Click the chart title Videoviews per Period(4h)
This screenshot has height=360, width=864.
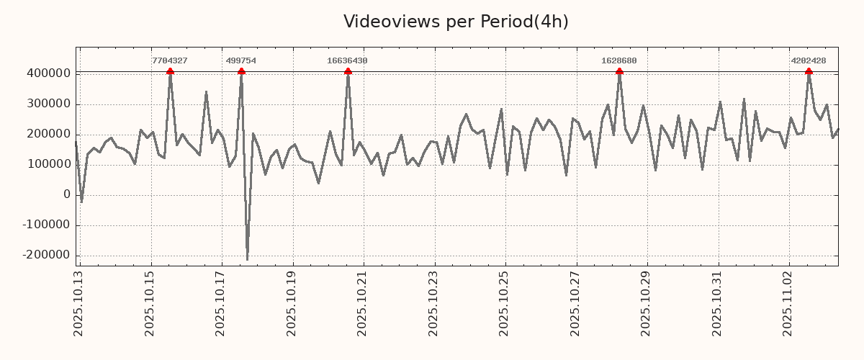(x=456, y=22)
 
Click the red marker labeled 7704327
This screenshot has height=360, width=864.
(x=170, y=71)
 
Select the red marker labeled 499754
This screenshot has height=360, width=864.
(x=241, y=71)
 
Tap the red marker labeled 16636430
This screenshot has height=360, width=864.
(x=348, y=71)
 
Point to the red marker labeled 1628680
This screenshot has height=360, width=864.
(x=619, y=71)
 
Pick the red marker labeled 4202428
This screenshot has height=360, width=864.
(x=809, y=71)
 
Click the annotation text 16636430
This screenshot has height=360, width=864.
(x=347, y=61)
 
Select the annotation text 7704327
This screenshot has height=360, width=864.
(x=170, y=61)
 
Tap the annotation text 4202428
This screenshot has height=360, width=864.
(x=809, y=61)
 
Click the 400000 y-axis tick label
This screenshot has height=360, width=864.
(x=48, y=73)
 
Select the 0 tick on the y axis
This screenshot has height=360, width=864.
(x=67, y=194)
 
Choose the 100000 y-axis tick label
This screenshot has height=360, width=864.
(x=48, y=164)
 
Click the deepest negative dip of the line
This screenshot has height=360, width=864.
(x=247, y=260)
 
